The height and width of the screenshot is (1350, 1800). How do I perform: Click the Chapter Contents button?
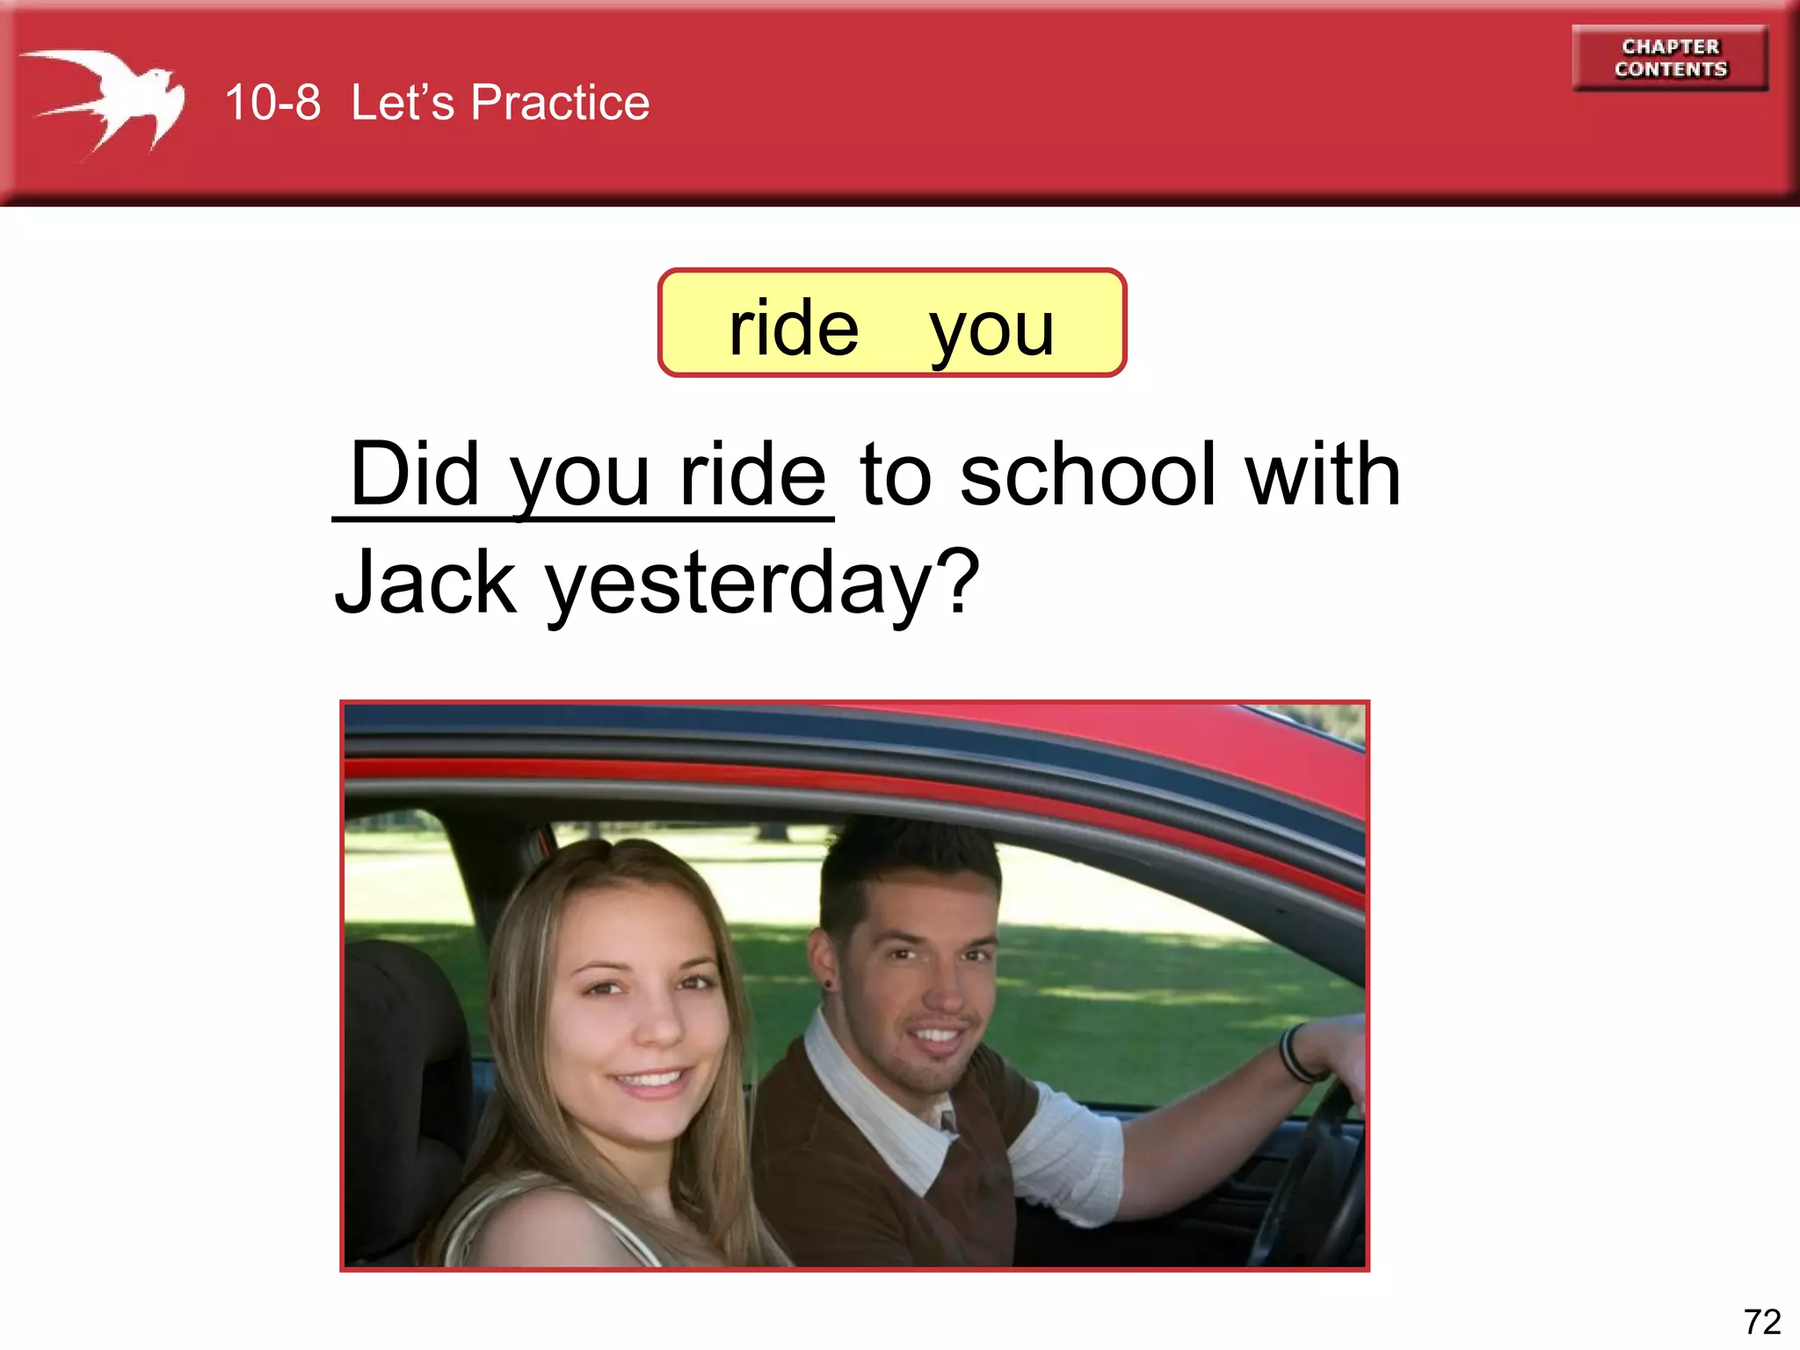[1670, 58]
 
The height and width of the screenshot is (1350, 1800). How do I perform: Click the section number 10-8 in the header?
[272, 103]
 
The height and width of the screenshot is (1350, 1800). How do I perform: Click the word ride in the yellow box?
[794, 328]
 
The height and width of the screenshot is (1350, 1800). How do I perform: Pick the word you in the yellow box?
[991, 330]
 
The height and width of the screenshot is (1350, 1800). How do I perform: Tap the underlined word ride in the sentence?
[752, 475]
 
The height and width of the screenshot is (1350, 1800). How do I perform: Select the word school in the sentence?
[1088, 475]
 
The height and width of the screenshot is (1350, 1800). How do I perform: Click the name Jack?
[425, 582]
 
